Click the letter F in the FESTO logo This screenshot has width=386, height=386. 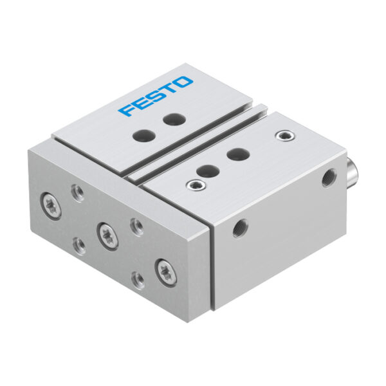(x=127, y=111)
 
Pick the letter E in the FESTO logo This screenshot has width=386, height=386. (x=140, y=104)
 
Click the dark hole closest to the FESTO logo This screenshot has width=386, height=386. (x=174, y=119)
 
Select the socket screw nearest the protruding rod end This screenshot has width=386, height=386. (x=286, y=136)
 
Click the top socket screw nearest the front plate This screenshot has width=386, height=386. (x=196, y=185)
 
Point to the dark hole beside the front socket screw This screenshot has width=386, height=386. (x=208, y=171)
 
